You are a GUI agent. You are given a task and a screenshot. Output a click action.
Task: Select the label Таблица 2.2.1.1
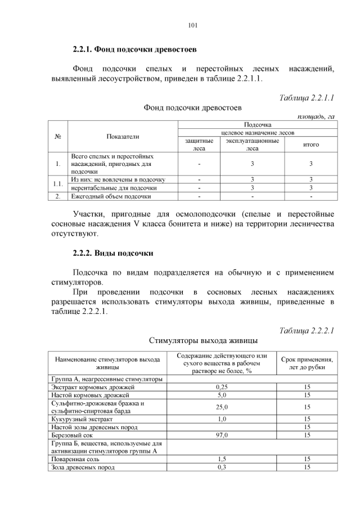pos(307,97)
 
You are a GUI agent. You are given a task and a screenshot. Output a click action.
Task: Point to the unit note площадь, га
pos(316,116)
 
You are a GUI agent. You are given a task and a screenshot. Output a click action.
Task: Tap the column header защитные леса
pos(199,145)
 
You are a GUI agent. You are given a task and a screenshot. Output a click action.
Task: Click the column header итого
pos(310,145)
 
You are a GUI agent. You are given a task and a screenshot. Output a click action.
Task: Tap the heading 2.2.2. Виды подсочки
pos(113,252)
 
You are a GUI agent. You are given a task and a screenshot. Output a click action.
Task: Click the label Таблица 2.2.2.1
pos(307,330)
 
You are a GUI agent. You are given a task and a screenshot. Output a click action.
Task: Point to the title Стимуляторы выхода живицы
pos(203,340)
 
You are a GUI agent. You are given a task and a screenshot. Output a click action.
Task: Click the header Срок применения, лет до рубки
pos(307,363)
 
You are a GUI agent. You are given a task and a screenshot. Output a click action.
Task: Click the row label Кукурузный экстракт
pos(82,419)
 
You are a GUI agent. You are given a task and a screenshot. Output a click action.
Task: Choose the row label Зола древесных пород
pos(83,467)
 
